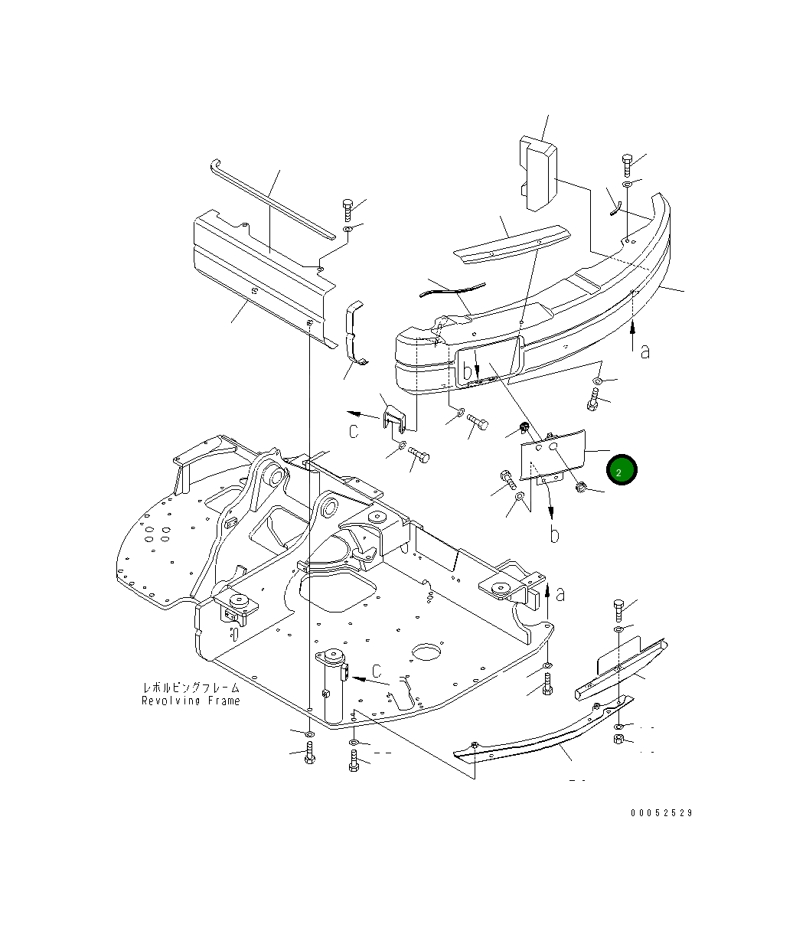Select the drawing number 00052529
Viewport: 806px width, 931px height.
coord(661,813)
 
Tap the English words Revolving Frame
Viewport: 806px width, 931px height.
coord(191,701)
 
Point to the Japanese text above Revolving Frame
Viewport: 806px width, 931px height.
coord(191,688)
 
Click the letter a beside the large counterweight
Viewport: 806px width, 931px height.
coord(644,351)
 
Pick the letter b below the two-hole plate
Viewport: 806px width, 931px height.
coord(554,534)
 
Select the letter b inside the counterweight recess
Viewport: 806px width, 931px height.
coord(468,371)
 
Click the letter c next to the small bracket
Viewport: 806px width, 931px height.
coord(354,431)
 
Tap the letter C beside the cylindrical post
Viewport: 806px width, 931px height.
coord(377,671)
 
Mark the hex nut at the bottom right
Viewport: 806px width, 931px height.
coord(620,740)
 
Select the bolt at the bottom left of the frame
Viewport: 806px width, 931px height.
coord(309,753)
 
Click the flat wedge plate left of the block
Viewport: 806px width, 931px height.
coord(511,244)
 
